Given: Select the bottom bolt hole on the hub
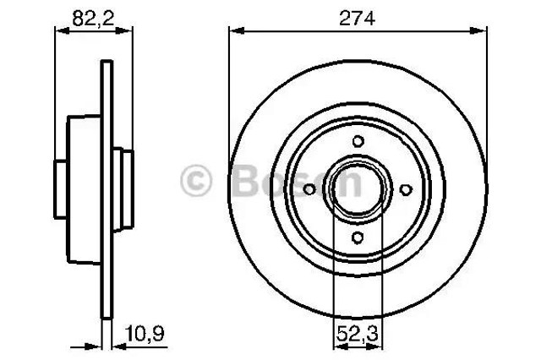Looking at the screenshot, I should pyautogui.click(x=358, y=238).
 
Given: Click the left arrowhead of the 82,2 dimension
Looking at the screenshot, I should pyautogui.click(x=59, y=31).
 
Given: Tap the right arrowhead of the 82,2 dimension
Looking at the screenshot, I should pyautogui.click(x=128, y=31).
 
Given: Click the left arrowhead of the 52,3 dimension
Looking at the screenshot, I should pyautogui.click(x=337, y=344).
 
